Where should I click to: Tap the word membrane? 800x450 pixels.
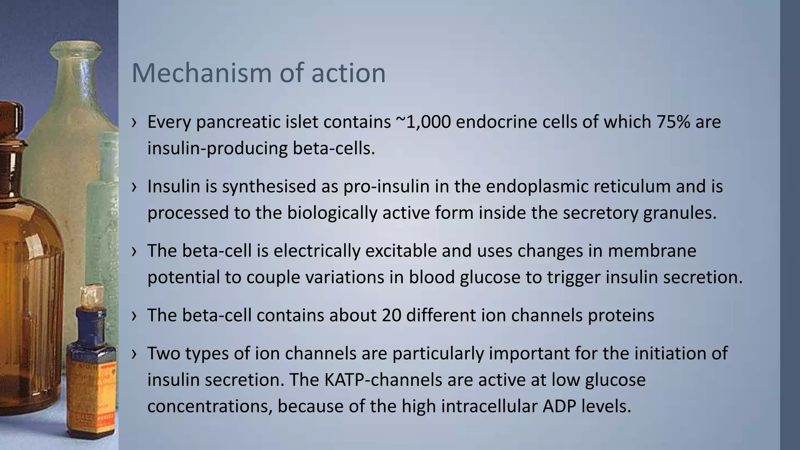coord(652,251)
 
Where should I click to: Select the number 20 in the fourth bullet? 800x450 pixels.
coord(392,315)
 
